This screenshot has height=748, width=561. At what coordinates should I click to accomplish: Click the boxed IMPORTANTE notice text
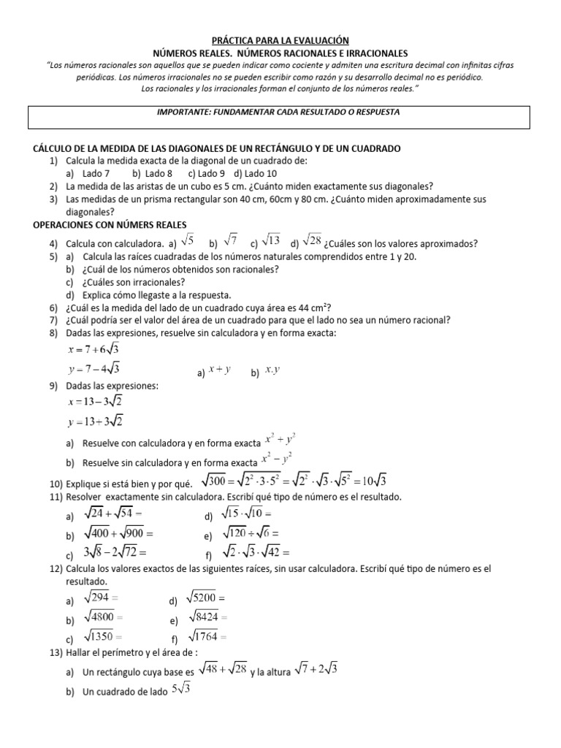click(x=280, y=112)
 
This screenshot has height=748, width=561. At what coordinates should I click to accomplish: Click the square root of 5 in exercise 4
click(x=188, y=240)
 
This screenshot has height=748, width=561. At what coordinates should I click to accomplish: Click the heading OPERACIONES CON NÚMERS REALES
click(x=110, y=224)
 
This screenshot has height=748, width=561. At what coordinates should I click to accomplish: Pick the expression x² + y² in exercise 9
click(x=280, y=440)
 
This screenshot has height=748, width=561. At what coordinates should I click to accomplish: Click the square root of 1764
click(x=209, y=636)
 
